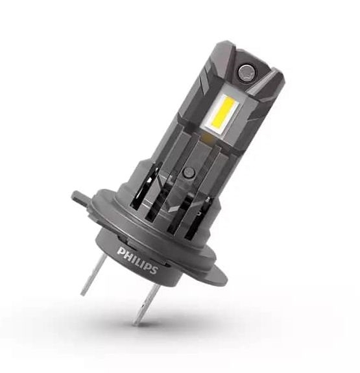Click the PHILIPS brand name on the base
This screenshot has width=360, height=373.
[138, 261]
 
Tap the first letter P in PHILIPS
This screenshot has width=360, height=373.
[121, 252]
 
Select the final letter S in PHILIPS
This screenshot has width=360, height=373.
[154, 269]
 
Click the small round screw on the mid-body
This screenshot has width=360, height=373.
[188, 172]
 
